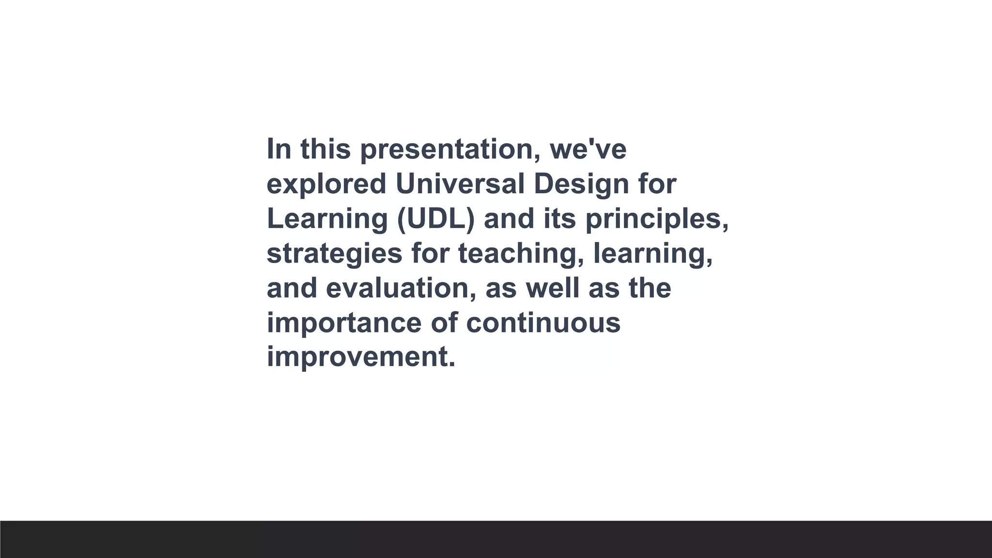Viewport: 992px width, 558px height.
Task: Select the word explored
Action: (x=326, y=184)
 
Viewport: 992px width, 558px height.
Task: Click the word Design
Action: (x=581, y=185)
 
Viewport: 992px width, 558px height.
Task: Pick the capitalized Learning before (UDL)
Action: (x=327, y=219)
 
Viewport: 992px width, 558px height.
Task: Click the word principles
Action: (x=656, y=219)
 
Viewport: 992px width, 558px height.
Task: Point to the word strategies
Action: (x=334, y=254)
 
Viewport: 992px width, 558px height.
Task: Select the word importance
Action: (x=344, y=323)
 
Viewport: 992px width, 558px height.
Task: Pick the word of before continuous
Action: (x=444, y=323)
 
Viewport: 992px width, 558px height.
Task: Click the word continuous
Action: (x=543, y=323)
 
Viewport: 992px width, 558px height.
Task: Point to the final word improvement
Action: (x=361, y=357)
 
